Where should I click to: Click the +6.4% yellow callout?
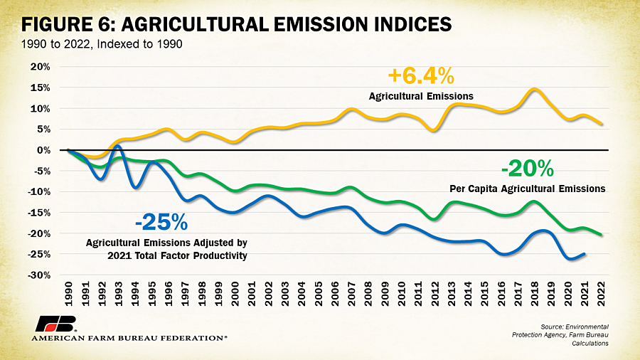click(421, 76)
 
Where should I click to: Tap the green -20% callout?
click(528, 168)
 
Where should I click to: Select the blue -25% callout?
click(161, 222)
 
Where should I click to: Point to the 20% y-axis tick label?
click(40, 67)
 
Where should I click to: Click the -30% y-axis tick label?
click(38, 275)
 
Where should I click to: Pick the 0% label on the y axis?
click(43, 150)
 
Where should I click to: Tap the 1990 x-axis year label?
click(68, 293)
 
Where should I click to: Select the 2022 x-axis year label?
click(601, 293)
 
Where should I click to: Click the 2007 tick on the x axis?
click(351, 293)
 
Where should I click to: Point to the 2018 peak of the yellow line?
click(534, 89)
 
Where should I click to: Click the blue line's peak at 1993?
click(118, 146)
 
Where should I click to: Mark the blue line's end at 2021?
click(585, 254)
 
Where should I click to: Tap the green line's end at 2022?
click(601, 235)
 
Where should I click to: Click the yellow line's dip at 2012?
click(434, 130)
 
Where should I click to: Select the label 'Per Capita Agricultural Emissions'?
click(528, 189)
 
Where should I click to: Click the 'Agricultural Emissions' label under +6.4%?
click(421, 96)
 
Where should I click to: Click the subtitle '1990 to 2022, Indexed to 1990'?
click(102, 44)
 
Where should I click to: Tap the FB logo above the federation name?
click(56, 324)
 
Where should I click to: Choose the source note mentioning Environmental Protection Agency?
click(560, 335)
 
